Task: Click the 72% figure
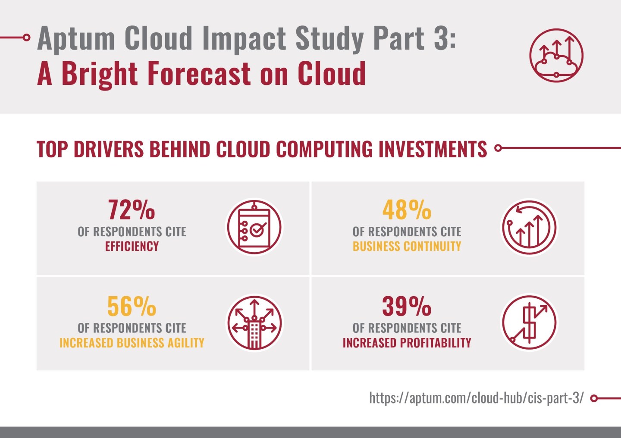[131, 210]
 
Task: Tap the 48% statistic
[406, 210]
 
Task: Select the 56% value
[131, 307]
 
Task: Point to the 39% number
[406, 307]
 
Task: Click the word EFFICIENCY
[132, 246]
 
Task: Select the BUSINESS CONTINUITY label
[407, 246]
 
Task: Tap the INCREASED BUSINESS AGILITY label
[132, 343]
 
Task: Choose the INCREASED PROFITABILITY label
[407, 343]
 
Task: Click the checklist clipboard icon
[254, 227]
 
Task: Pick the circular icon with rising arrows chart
[529, 227]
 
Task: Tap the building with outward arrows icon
[254, 323]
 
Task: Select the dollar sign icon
[529, 323]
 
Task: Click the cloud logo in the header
[556, 56]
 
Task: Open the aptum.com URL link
[476, 397]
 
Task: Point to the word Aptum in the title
[76, 39]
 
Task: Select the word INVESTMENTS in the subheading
[433, 149]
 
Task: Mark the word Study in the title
[329, 39]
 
